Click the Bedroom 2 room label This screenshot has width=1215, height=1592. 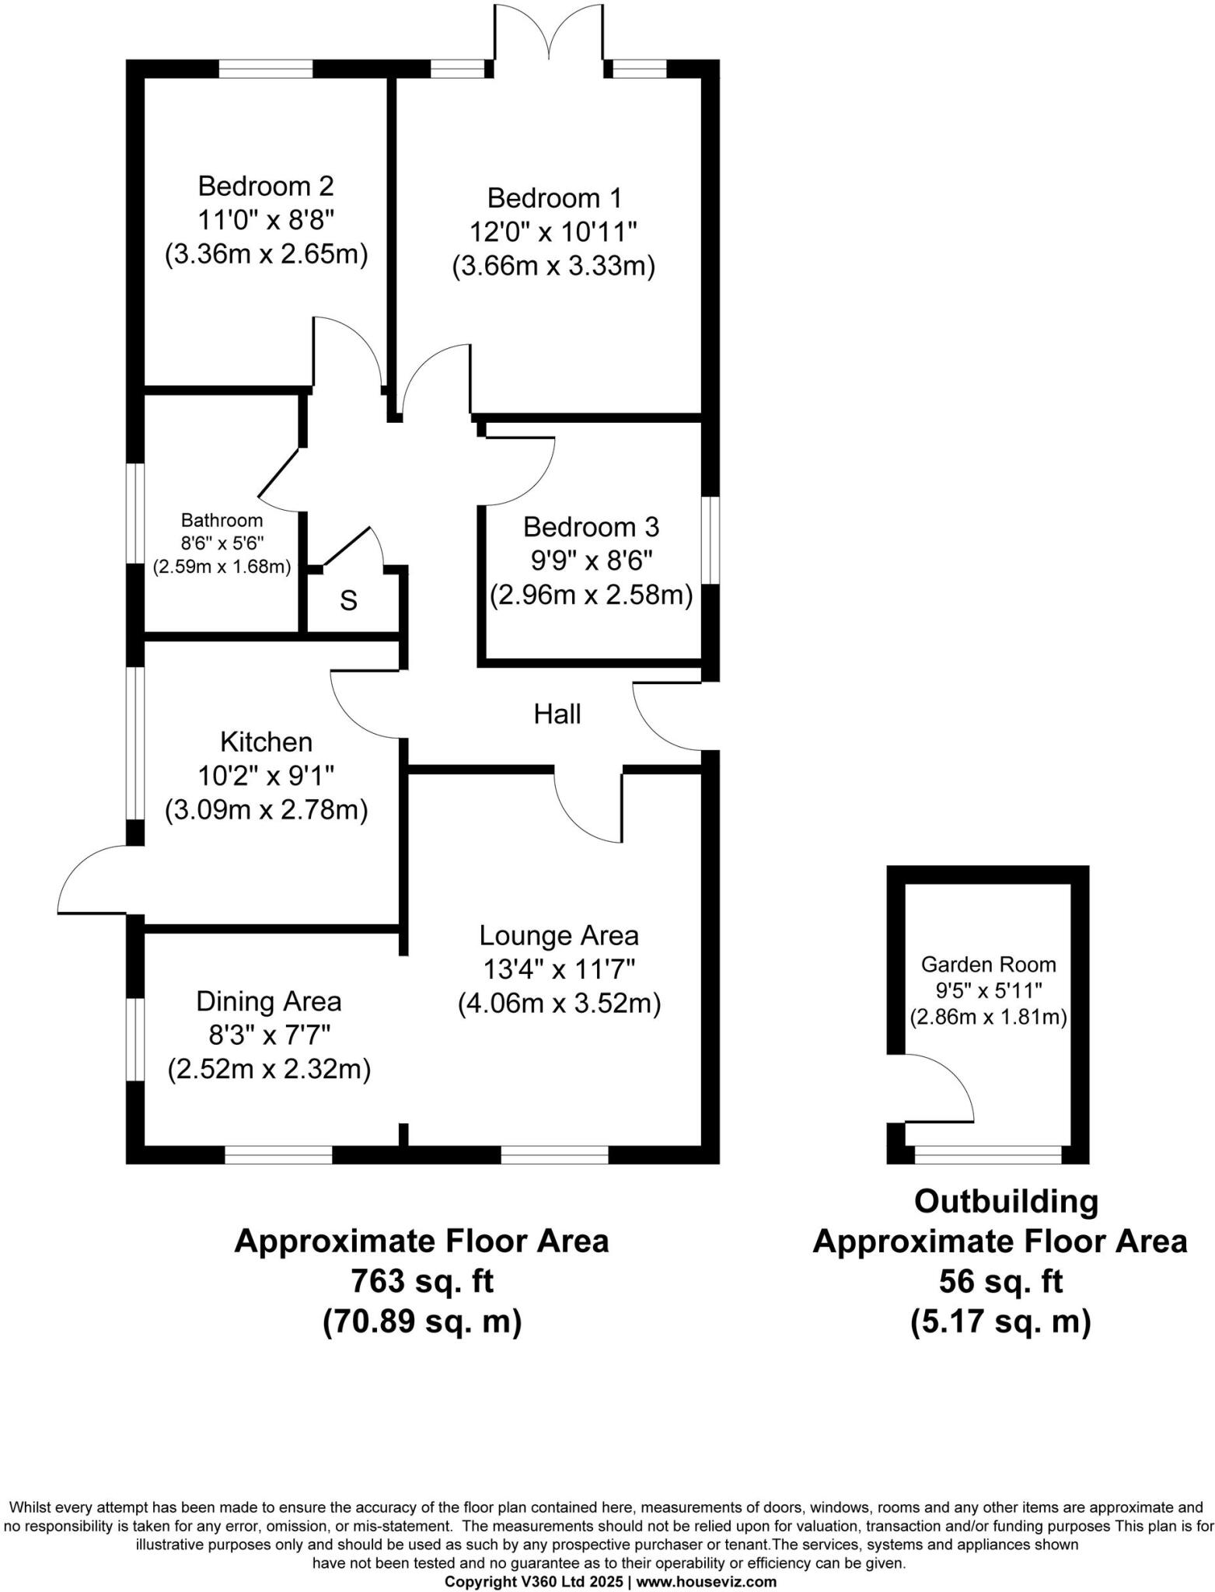[x=266, y=187]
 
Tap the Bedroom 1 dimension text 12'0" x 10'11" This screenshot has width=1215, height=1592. [x=553, y=232]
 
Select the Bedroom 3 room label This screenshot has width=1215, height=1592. [x=591, y=527]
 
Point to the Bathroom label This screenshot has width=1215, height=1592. [x=222, y=520]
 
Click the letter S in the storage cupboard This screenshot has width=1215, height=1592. [x=349, y=600]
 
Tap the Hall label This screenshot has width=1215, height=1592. [x=557, y=714]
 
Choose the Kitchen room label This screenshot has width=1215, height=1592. [x=266, y=742]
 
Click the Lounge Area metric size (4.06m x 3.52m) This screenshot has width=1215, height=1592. [x=559, y=1003]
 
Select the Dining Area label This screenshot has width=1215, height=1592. [x=268, y=1001]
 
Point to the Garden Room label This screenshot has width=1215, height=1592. [x=988, y=965]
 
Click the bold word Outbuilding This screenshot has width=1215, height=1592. [x=1006, y=1202]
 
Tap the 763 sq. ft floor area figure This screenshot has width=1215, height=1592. [x=422, y=1280]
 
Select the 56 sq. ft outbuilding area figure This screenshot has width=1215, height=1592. [x=1000, y=1281]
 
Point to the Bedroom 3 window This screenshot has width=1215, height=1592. [x=710, y=540]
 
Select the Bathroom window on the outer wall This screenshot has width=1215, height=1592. [x=135, y=517]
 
